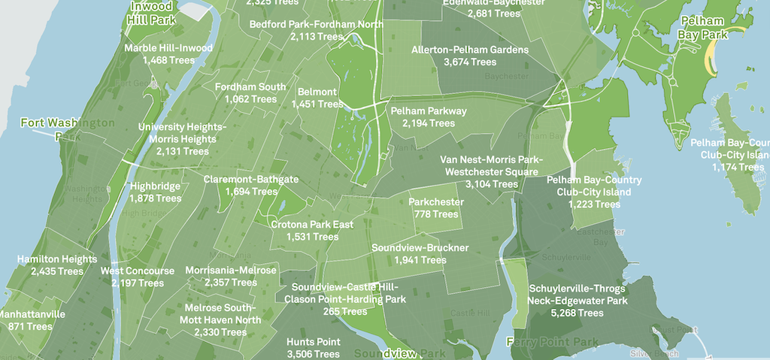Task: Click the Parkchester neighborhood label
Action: tap(436, 202)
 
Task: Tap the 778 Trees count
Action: tap(436, 214)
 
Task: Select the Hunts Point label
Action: tap(313, 342)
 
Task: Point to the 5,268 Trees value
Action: tap(577, 313)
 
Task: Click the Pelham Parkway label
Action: tap(429, 111)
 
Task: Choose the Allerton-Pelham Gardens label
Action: tap(470, 50)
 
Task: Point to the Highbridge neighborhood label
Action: tap(155, 186)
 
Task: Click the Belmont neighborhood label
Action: tap(317, 92)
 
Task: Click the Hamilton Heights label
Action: tap(57, 259)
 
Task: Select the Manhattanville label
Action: tap(33, 314)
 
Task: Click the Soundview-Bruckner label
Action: tap(420, 247)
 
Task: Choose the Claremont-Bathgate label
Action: tap(251, 180)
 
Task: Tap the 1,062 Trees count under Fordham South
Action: tap(250, 98)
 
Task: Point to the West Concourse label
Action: tap(138, 271)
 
